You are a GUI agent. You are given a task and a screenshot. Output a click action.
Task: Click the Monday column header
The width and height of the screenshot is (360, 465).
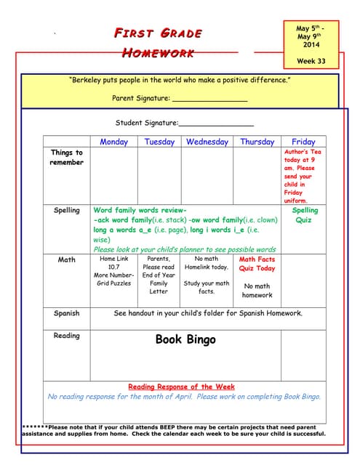click(x=113, y=142)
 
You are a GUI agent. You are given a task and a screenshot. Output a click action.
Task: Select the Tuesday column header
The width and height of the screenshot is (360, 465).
click(x=159, y=142)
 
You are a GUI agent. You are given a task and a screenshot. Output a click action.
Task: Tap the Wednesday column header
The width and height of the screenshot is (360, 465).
click(x=207, y=142)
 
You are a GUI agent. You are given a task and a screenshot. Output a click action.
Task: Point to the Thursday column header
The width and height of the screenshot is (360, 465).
click(x=257, y=142)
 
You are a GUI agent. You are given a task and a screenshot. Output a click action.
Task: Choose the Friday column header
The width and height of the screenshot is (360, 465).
click(x=303, y=142)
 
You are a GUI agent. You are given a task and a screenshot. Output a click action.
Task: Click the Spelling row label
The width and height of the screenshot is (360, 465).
click(x=67, y=210)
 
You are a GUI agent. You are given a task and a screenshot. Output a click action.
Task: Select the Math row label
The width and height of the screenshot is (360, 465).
click(x=67, y=259)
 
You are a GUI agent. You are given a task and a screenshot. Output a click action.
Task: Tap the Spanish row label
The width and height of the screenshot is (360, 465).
click(x=67, y=314)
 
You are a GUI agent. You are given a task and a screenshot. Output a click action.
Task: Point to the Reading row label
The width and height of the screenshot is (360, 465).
click(x=67, y=336)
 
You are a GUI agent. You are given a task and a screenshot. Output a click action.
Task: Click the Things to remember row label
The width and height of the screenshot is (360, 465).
click(x=67, y=157)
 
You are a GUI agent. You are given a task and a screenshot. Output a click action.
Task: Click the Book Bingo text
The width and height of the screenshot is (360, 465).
click(x=185, y=339)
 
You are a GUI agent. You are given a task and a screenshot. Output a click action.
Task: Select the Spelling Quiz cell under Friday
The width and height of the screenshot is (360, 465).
click(x=303, y=214)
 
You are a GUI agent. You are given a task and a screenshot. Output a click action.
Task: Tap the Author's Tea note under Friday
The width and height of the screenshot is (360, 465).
click(x=303, y=176)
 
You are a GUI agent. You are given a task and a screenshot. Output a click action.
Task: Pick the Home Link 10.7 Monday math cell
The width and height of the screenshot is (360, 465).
click(x=113, y=271)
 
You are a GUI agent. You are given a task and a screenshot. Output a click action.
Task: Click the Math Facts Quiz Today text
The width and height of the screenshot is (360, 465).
click(x=257, y=264)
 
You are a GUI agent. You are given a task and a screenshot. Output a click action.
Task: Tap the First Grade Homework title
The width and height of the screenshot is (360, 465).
click(x=157, y=42)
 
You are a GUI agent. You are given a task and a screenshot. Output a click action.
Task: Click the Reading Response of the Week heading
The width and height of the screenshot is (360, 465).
click(x=181, y=387)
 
